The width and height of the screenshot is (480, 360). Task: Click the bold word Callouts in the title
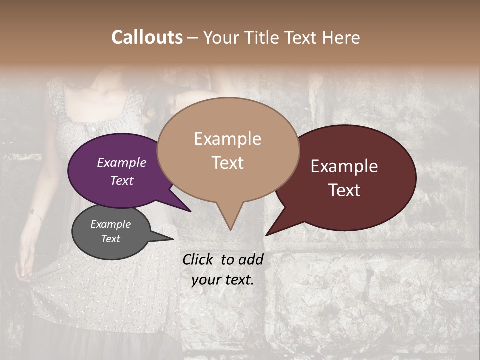pyautogui.click(x=147, y=37)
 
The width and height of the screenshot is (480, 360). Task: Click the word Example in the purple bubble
pyautogui.click(x=122, y=162)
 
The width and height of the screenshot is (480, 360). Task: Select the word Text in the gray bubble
pyautogui.click(x=111, y=239)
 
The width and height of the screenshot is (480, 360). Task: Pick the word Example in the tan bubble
pyautogui.click(x=227, y=139)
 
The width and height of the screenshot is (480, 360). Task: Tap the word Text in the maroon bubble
pyautogui.click(x=345, y=190)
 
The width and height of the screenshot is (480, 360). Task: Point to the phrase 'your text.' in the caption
pyautogui.click(x=223, y=280)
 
